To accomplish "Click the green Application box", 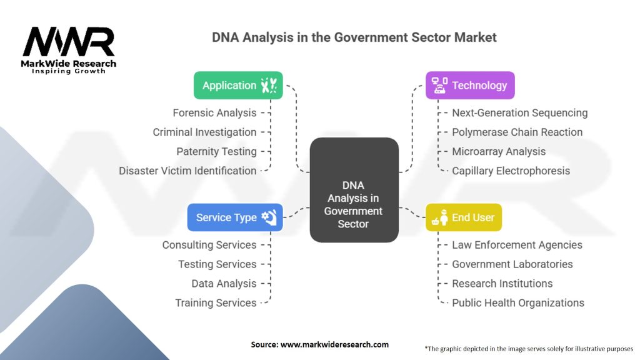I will click(238, 86).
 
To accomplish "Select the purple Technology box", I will click(470, 86).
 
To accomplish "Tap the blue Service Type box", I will click(235, 217).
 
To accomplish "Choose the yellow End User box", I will click(464, 217).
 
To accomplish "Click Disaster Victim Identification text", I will click(187, 171).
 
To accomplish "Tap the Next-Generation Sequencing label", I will click(519, 113).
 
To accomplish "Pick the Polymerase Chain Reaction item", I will click(517, 132).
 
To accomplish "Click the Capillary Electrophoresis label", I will click(511, 171).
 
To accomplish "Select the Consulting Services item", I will click(209, 245).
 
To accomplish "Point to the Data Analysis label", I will click(224, 284).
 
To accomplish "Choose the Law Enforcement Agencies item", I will click(517, 245).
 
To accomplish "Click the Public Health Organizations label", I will click(517, 303).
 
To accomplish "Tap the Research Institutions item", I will click(502, 284).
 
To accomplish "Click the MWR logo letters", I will click(69, 42).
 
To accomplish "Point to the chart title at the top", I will click(354, 37).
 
